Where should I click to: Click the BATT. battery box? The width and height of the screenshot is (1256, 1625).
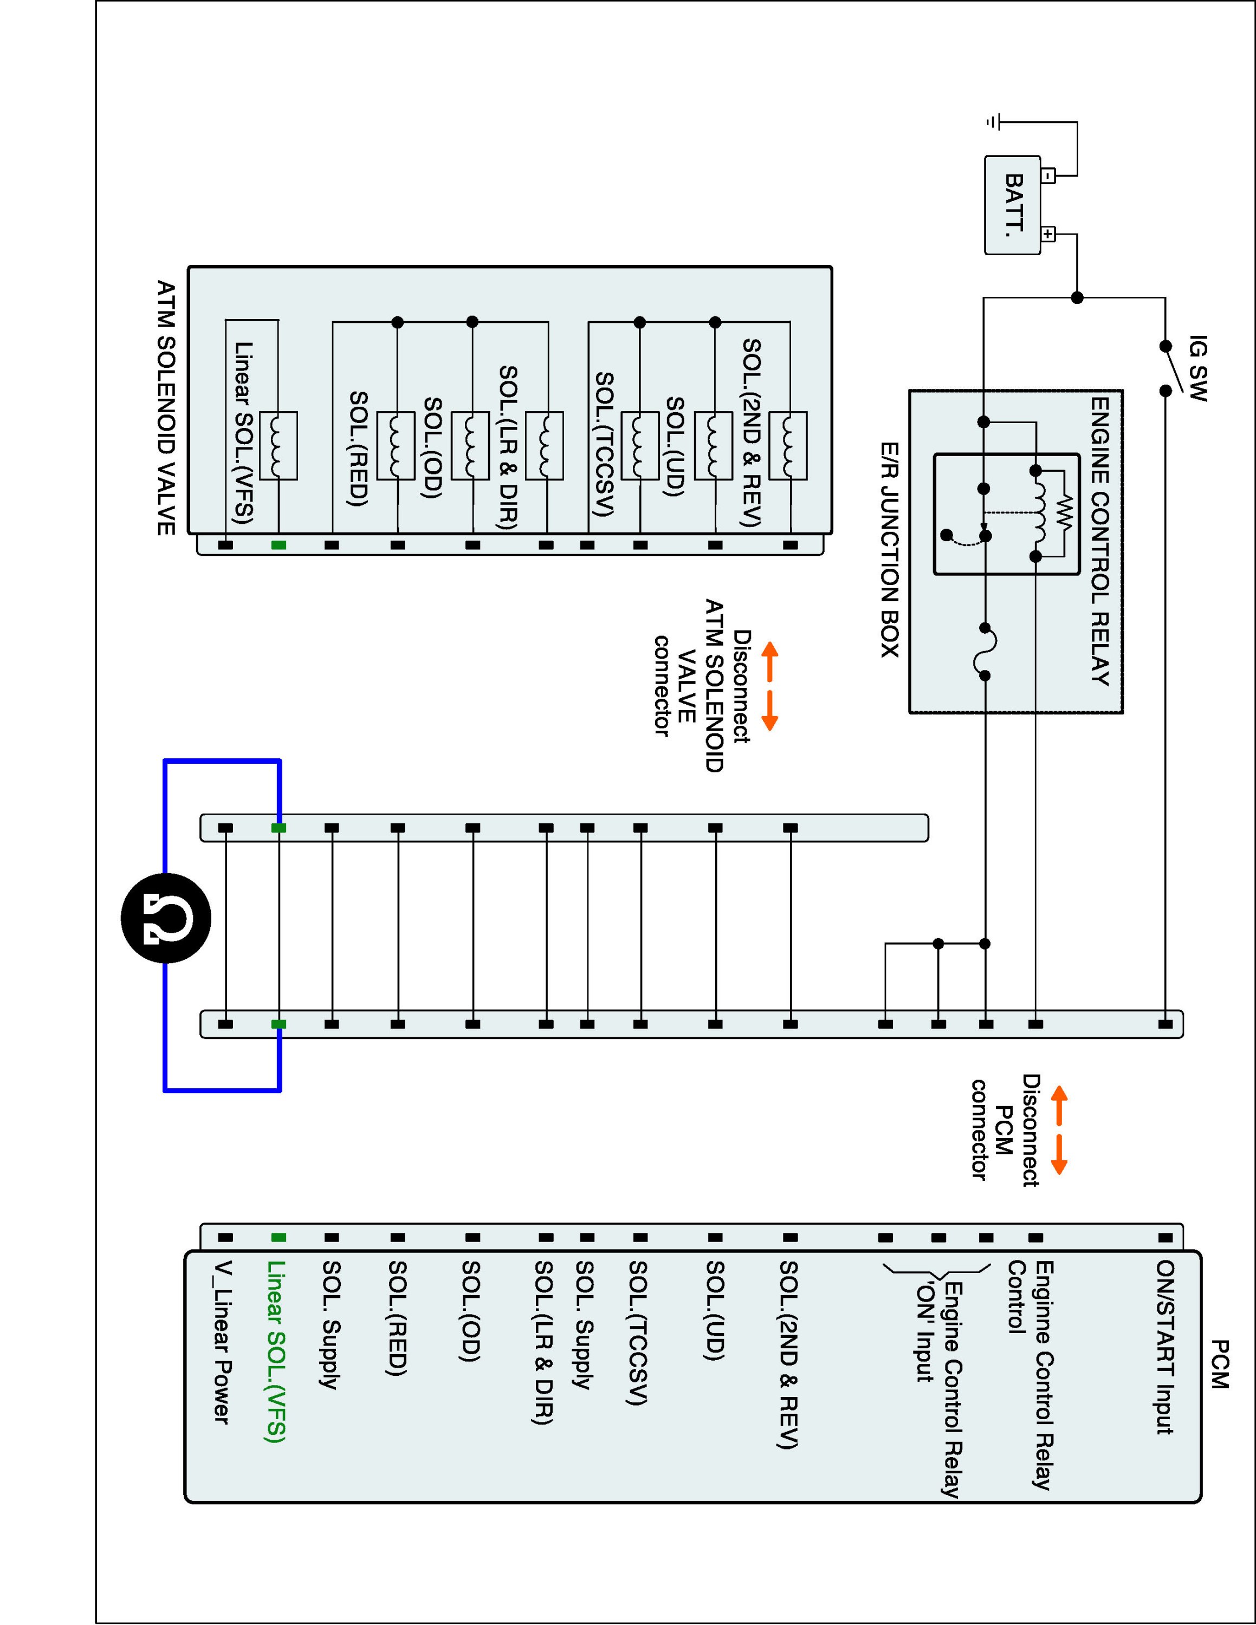click(x=1012, y=205)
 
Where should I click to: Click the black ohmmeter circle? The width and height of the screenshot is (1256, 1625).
click(x=166, y=918)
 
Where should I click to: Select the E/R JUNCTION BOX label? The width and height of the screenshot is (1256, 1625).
click(x=889, y=550)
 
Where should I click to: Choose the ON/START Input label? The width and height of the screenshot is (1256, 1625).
click(x=1164, y=1347)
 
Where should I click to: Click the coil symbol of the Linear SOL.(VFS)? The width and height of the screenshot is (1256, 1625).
click(x=279, y=446)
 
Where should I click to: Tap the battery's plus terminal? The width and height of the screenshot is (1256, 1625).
click(x=1047, y=235)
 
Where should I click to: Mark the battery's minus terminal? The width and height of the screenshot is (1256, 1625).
click(x=1047, y=177)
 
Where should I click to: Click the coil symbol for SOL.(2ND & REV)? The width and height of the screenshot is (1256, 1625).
click(x=788, y=446)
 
